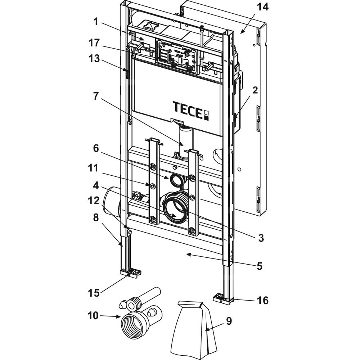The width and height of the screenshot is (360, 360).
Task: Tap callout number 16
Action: coord(263,300)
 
